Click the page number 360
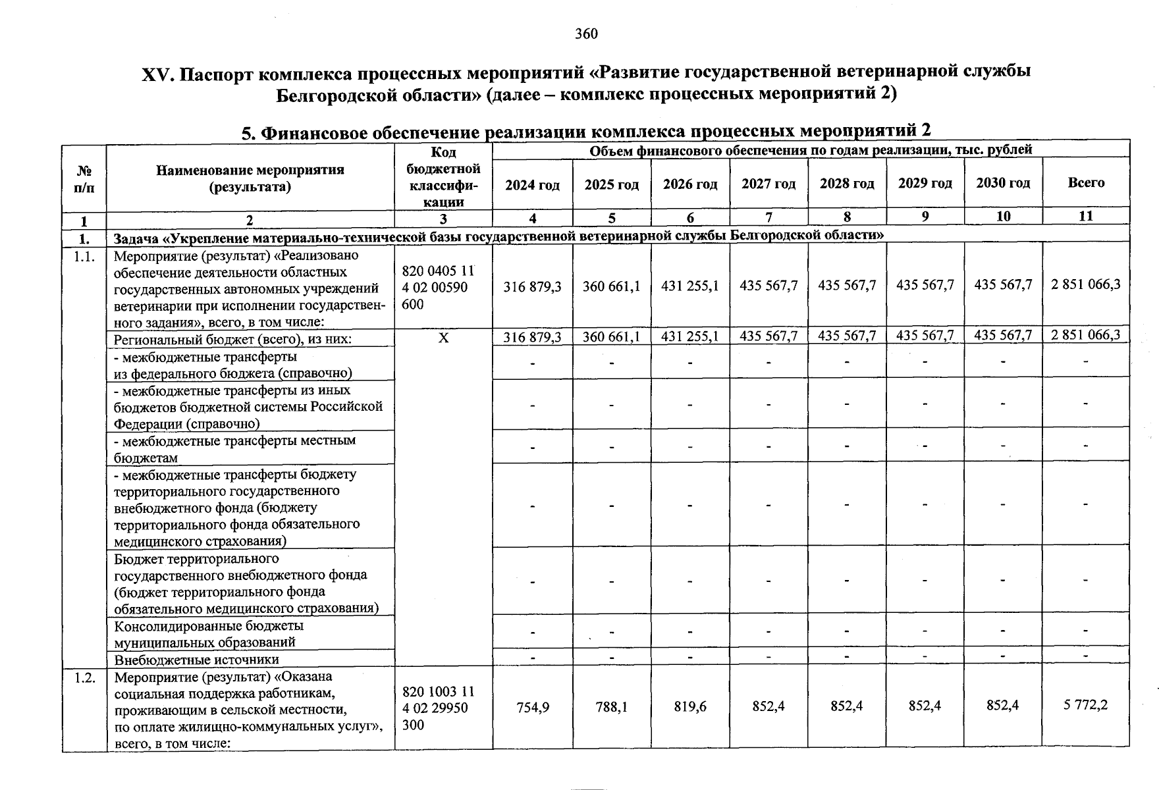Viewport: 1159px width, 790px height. (585, 34)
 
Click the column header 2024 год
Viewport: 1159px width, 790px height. (532, 185)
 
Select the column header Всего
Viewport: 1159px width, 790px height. (1086, 182)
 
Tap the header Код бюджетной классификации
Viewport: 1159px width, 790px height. (444, 177)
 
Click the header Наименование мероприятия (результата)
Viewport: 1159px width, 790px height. (250, 178)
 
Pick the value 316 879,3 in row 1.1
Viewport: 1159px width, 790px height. (532, 286)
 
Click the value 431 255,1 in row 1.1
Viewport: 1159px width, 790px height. (689, 286)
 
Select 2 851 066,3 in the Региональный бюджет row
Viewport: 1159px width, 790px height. (1085, 335)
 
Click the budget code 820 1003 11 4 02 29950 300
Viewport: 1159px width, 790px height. (438, 708)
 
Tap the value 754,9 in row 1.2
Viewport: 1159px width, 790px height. (533, 708)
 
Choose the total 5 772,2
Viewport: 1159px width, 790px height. (1085, 705)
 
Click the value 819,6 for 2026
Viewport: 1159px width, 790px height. (690, 707)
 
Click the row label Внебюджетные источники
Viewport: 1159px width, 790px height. (196, 659)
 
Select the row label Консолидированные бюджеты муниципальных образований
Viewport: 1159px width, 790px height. (209, 633)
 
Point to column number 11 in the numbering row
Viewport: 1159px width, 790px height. (1085, 216)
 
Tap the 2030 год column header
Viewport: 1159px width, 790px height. (1003, 183)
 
